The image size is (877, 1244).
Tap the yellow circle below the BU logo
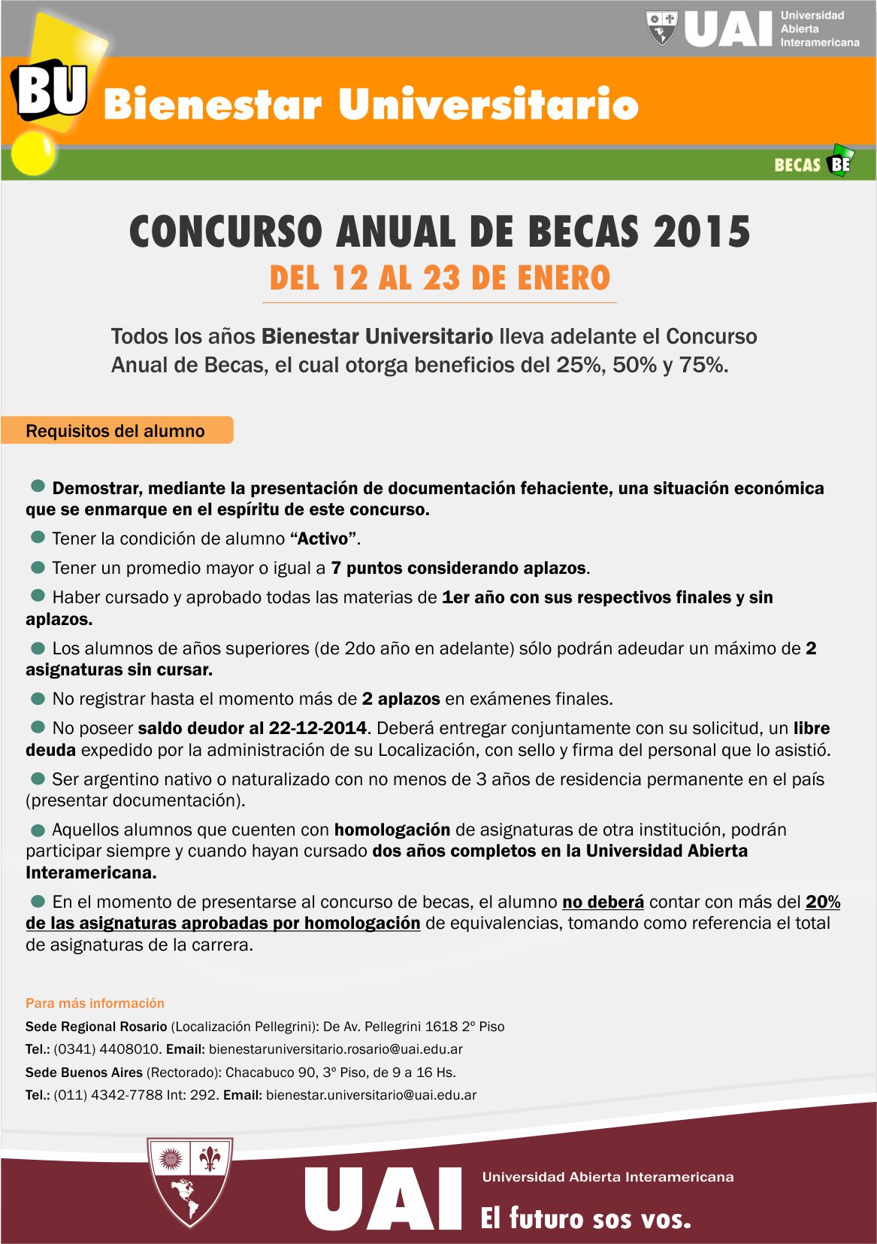coord(34,153)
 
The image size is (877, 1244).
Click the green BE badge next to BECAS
coord(839,162)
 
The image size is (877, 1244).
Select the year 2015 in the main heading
coord(701,232)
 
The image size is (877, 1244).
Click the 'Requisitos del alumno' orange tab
coord(116,431)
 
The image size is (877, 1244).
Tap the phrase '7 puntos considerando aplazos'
coord(458,569)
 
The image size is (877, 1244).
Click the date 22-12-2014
coord(318,729)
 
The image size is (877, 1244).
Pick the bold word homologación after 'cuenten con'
coord(392,830)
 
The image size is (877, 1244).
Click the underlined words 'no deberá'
coord(603,903)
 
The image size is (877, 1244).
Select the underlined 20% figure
coord(823,903)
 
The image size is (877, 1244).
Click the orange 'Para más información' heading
coord(95,1003)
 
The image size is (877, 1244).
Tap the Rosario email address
coord(335,1049)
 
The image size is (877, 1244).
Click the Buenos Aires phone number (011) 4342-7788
coord(108,1095)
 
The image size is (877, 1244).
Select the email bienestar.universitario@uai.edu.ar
coord(371,1095)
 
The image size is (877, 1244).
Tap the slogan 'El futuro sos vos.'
coord(586,1218)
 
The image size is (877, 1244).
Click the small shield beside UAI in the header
coord(662,28)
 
